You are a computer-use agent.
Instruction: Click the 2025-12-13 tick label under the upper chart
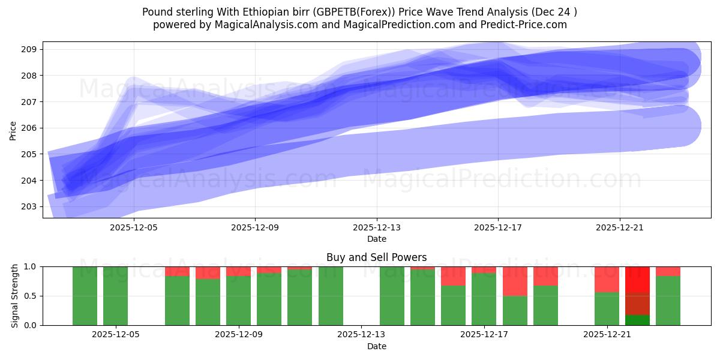[377, 227]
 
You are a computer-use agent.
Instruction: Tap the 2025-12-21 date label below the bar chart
[608, 335]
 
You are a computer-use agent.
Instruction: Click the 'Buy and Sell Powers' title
[376, 257]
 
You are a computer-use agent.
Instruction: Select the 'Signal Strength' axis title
[15, 296]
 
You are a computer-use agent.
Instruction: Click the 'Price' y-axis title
[13, 130]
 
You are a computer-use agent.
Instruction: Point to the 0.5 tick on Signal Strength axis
[30, 296]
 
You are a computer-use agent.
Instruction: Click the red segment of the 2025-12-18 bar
[515, 281]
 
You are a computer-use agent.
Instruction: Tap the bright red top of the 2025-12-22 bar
[637, 279]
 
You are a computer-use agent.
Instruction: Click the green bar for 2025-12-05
[115, 296]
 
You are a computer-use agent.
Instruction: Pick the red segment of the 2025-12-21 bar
[607, 279]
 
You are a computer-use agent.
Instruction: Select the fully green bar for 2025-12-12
[331, 296]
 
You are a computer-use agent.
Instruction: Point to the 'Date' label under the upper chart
[376, 239]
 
